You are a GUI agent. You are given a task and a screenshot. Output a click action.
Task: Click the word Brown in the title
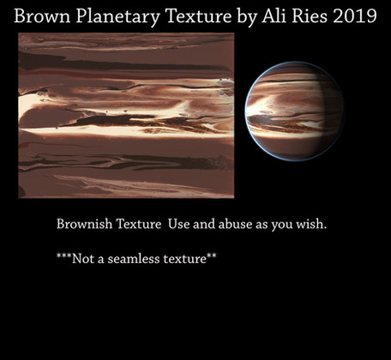pos(42,16)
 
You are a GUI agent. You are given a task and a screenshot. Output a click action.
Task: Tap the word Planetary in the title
pos(118,17)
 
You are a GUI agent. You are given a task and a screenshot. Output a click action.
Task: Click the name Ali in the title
pos(274,15)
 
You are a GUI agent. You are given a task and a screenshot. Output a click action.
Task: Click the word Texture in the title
pos(199,16)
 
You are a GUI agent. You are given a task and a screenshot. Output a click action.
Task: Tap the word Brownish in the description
pos(84,224)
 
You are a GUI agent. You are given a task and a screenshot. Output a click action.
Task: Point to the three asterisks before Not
pos(63,255)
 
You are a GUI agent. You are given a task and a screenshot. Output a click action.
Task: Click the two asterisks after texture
pos(211,255)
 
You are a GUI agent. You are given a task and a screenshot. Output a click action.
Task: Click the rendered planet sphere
pos(294,111)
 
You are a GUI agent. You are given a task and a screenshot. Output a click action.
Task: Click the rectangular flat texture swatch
pos(126,115)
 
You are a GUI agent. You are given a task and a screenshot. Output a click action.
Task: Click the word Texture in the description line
pos(138,224)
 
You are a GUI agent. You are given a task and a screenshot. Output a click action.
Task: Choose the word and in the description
pos(204,224)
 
